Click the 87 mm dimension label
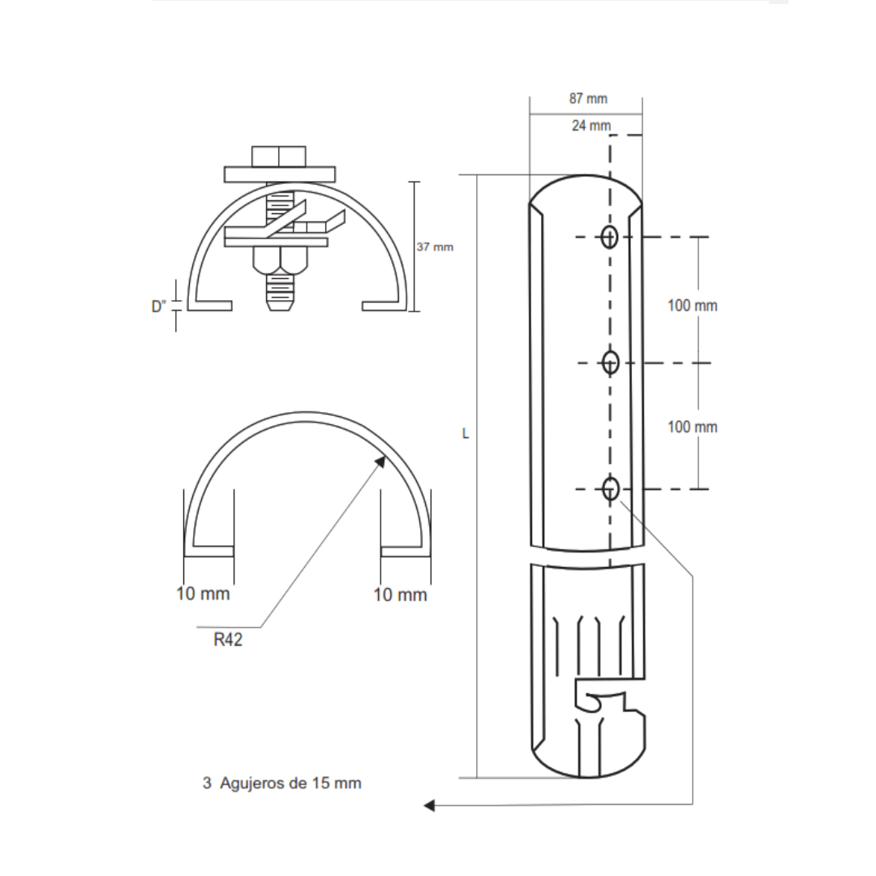587,99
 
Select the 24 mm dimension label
590,126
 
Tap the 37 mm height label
435,247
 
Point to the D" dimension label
159,306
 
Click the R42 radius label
228,639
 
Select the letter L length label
466,434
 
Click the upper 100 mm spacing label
692,306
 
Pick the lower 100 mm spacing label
692,427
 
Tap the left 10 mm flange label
203,594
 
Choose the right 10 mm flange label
400,595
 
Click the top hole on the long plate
610,237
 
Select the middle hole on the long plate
611,363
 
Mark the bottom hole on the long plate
611,488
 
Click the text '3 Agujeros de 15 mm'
281,784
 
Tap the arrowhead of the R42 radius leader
380,460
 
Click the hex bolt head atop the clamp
278,156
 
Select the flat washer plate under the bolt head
279,174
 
